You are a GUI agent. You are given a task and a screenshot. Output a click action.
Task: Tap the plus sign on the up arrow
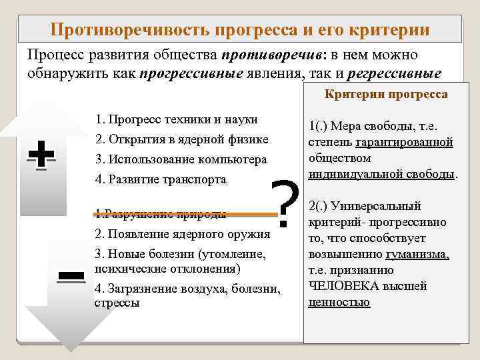41,156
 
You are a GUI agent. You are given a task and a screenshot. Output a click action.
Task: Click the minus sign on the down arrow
70,275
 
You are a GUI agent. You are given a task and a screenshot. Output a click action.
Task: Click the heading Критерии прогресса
386,95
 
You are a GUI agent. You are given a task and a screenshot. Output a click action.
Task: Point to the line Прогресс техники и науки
176,120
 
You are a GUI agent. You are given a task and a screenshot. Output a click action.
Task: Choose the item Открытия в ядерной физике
181,139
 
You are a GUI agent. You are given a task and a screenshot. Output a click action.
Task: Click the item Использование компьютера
181,159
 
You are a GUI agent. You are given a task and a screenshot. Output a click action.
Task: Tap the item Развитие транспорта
161,179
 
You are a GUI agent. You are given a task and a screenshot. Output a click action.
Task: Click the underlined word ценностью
339,302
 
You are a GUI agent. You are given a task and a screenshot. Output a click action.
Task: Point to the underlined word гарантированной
405,142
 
